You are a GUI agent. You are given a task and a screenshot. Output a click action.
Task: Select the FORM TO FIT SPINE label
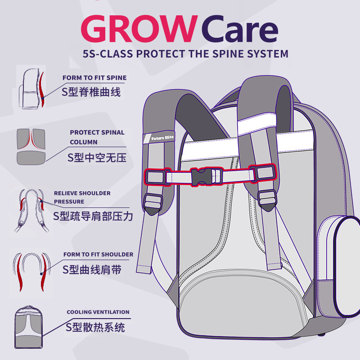(x=94, y=78)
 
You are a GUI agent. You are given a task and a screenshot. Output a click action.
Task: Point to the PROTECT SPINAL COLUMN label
(x=97, y=137)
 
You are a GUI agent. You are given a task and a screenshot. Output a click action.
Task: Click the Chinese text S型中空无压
(x=97, y=157)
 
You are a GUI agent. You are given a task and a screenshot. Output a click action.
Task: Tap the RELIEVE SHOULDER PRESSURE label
(x=82, y=197)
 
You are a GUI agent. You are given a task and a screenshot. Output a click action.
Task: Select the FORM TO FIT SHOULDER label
(x=98, y=254)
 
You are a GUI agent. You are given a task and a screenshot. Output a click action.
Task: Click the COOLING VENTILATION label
(x=98, y=312)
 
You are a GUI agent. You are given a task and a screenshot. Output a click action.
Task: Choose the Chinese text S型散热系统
(x=95, y=327)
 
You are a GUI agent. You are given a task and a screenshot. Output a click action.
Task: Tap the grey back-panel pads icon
(x=31, y=146)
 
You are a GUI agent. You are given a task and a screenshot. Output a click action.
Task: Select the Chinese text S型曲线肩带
(x=91, y=270)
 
